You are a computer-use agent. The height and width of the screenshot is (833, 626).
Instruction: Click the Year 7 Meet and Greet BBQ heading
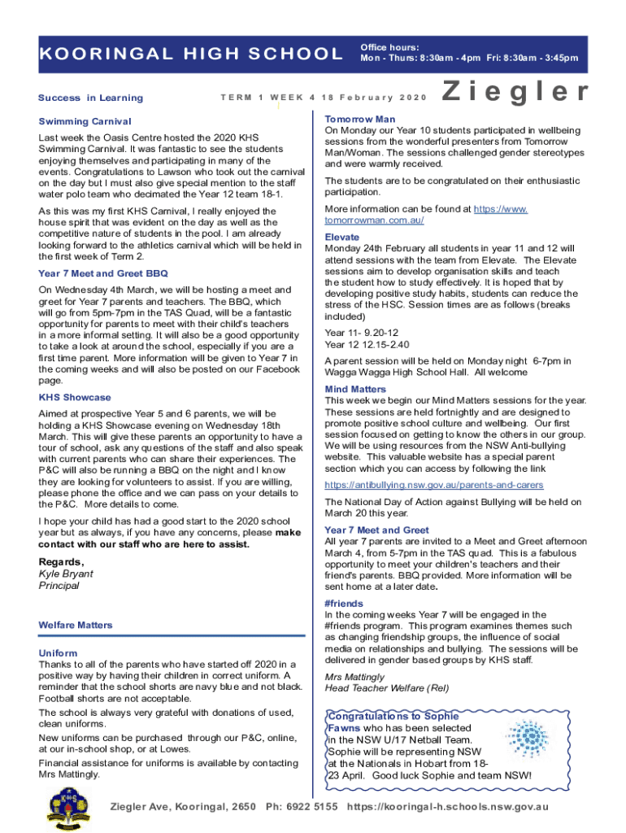point(103,273)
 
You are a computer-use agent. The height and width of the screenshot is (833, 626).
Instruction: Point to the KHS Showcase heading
point(75,398)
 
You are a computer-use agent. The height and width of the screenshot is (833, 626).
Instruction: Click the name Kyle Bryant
point(66,574)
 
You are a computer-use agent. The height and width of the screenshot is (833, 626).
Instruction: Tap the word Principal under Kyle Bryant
point(59,586)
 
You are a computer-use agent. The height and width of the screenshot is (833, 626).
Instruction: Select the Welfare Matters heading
point(76,625)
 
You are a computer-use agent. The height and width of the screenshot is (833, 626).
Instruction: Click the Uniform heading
point(59,653)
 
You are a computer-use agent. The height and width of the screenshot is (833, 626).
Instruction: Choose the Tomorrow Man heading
point(359,119)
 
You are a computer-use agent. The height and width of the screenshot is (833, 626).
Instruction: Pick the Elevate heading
point(342,238)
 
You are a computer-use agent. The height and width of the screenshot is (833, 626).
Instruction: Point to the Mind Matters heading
point(355,390)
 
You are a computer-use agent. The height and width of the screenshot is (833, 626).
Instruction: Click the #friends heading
point(344,604)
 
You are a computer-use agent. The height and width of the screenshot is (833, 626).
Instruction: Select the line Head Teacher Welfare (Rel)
point(386,688)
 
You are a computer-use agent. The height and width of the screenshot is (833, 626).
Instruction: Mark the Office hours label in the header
point(389,47)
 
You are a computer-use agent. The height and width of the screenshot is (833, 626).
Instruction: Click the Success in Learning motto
point(90,98)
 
